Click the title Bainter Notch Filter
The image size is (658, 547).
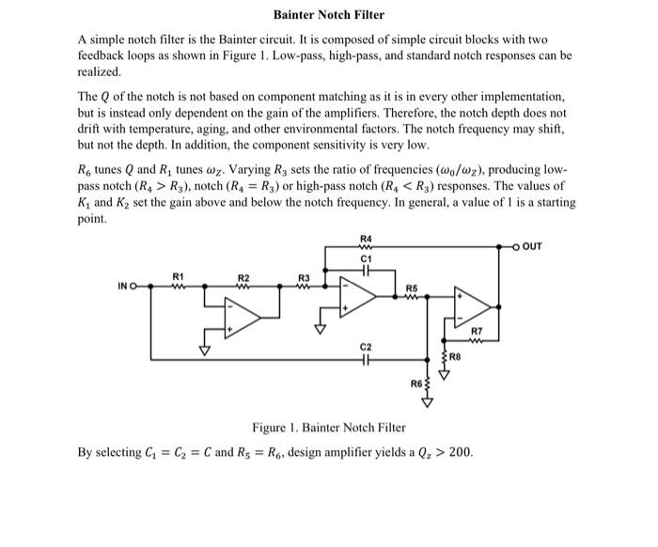(328, 16)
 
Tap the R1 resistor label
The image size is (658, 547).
(178, 275)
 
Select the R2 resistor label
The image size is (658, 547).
(243, 277)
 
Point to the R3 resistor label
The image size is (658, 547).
(304, 277)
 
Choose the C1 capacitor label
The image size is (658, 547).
(366, 257)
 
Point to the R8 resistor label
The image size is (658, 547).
(456, 357)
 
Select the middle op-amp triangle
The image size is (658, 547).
(358, 295)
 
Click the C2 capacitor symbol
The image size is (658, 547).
(366, 360)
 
